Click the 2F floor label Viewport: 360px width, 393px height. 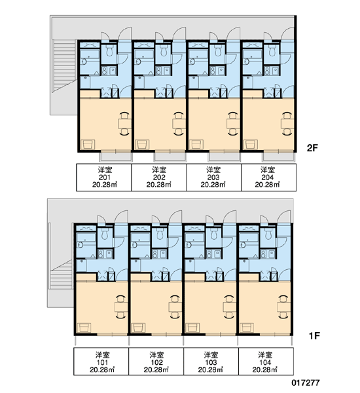click(x=312, y=148)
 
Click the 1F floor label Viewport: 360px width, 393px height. click(x=314, y=335)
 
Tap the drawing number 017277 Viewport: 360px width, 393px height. click(x=306, y=383)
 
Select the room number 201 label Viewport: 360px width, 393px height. click(x=105, y=178)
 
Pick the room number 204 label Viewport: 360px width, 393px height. click(x=268, y=178)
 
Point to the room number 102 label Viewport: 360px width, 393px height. click(x=156, y=362)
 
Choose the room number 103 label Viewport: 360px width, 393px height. click(x=211, y=362)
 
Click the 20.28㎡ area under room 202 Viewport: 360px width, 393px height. click(x=158, y=185)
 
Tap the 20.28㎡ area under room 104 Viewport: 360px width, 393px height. click(x=265, y=369)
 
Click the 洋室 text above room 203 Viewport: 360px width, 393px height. click(x=213, y=170)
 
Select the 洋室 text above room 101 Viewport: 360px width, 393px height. click(x=103, y=355)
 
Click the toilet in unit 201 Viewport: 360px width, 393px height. click(x=109, y=50)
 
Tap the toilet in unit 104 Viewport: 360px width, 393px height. click(x=268, y=234)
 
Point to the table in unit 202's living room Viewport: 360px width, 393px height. click(x=179, y=124)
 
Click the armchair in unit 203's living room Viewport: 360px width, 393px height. click(x=196, y=145)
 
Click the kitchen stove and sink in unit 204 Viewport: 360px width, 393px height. click(x=272, y=71)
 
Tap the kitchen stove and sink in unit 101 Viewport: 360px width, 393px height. click(x=105, y=254)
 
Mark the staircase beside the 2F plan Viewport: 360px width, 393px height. click(x=64, y=66)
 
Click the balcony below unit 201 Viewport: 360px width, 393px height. click(x=116, y=157)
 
